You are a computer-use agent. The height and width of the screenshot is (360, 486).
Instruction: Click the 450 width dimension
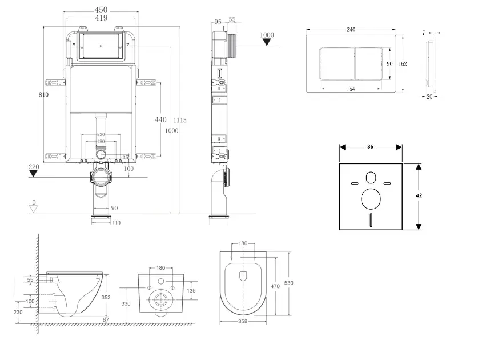click(x=101, y=10)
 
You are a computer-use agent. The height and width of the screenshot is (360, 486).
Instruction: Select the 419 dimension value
click(x=101, y=18)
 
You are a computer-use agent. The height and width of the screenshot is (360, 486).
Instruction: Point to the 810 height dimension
click(x=44, y=95)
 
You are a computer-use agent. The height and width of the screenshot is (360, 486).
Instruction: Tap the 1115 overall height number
click(x=180, y=120)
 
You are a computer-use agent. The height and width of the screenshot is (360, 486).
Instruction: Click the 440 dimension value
click(x=161, y=120)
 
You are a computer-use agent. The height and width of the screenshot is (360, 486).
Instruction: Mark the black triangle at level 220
click(x=34, y=173)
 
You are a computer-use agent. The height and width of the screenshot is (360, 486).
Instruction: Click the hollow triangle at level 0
click(x=34, y=209)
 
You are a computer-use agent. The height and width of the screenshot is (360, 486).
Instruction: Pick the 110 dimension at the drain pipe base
click(x=116, y=223)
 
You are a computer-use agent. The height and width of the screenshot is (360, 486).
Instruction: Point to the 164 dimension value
click(x=351, y=89)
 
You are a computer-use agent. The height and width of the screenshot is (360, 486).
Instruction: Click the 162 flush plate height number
click(x=403, y=64)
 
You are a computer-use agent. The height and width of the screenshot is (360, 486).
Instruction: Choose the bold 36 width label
click(x=370, y=147)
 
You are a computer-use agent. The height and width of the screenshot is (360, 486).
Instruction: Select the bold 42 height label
click(x=419, y=195)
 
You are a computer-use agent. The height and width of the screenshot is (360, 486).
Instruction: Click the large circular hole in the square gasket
click(x=370, y=199)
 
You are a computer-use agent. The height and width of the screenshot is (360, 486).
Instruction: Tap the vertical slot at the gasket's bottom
click(x=370, y=219)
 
